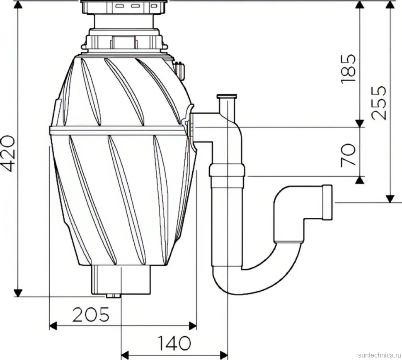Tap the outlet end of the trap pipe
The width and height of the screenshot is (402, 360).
point(327,202)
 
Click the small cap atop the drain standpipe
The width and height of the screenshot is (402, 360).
point(227,97)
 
